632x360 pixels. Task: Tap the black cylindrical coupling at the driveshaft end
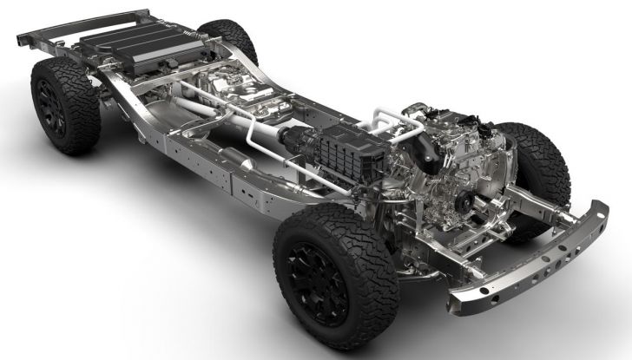291,139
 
